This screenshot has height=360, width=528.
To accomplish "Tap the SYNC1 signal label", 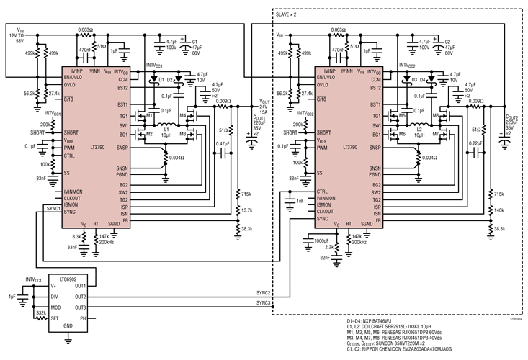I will pyautogui.click(x=52, y=208).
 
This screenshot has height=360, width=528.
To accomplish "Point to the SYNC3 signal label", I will pyautogui.click(x=263, y=302).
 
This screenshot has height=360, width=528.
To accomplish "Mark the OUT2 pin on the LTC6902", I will pyautogui.click(x=100, y=297).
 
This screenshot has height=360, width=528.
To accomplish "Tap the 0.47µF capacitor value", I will pyautogui.click(x=223, y=144).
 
